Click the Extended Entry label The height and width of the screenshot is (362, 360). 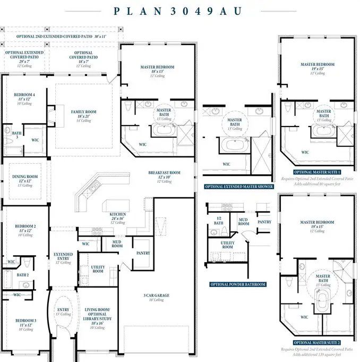(63, 257)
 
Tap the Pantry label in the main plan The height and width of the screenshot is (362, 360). (143, 254)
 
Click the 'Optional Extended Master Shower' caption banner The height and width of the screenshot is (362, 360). (239, 187)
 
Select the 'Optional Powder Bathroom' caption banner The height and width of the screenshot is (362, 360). (237, 284)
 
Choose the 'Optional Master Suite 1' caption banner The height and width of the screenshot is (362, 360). (317, 172)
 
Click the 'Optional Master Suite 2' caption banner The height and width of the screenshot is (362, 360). (317, 342)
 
